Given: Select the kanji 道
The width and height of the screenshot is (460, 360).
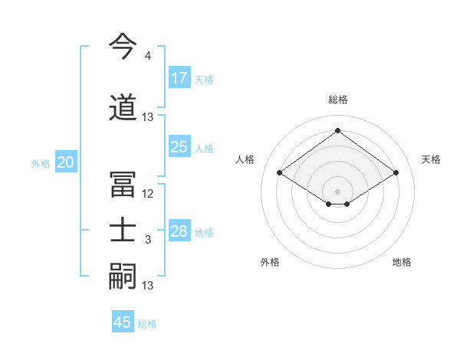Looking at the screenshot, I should [x=123, y=108].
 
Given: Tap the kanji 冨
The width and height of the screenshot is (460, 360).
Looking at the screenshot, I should [x=123, y=183].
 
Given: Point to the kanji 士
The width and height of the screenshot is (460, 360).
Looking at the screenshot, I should [x=123, y=231].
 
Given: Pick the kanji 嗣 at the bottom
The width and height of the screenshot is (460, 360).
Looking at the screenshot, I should [x=123, y=277].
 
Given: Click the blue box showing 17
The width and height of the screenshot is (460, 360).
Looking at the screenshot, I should [x=179, y=78].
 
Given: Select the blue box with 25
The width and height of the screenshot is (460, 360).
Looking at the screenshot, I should [x=179, y=147].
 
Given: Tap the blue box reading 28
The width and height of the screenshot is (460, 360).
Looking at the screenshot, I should [x=179, y=231].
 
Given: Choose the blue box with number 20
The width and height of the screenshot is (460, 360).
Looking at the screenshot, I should [x=66, y=162].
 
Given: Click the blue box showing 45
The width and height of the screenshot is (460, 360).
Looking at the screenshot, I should [x=123, y=322].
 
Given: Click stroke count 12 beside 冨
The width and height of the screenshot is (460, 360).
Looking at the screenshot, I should [x=148, y=193].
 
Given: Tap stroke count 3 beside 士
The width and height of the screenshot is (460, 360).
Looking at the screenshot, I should [x=147, y=241].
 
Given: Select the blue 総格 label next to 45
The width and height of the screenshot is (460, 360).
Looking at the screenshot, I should [x=147, y=324].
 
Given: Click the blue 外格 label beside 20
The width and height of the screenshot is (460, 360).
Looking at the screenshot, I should [x=41, y=164].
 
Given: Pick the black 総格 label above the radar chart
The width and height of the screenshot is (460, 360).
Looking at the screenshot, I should [x=337, y=100].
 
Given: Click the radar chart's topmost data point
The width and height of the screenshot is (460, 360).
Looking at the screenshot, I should [x=337, y=130].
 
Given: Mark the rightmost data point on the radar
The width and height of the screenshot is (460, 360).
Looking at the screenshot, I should [x=396, y=173].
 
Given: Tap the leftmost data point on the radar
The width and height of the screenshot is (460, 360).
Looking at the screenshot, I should [x=280, y=173].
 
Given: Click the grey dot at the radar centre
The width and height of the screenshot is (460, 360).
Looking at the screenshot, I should [x=337, y=190].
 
